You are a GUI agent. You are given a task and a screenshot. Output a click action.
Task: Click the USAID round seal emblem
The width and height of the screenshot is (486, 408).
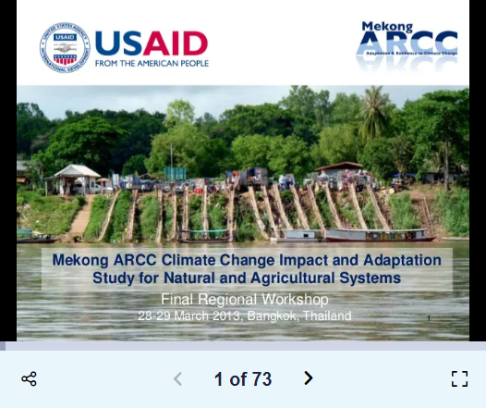click(64, 45)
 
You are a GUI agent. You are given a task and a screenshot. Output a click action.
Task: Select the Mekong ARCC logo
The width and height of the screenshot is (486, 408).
click(407, 44)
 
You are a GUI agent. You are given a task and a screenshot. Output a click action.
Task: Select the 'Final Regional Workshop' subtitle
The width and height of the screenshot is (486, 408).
click(244, 300)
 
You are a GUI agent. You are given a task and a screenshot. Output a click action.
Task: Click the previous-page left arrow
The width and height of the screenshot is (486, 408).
click(178, 378)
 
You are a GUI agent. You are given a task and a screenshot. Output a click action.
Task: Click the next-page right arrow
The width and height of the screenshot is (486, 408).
click(309, 378)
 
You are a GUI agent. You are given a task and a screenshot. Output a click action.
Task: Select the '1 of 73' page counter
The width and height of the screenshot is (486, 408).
click(243, 379)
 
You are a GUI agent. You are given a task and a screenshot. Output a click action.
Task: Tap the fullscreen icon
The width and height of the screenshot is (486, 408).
click(459, 378)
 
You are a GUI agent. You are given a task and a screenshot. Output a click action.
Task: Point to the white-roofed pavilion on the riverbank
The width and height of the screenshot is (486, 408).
click(77, 176)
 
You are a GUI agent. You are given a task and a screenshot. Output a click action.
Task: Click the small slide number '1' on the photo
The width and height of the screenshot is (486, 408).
click(429, 318)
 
